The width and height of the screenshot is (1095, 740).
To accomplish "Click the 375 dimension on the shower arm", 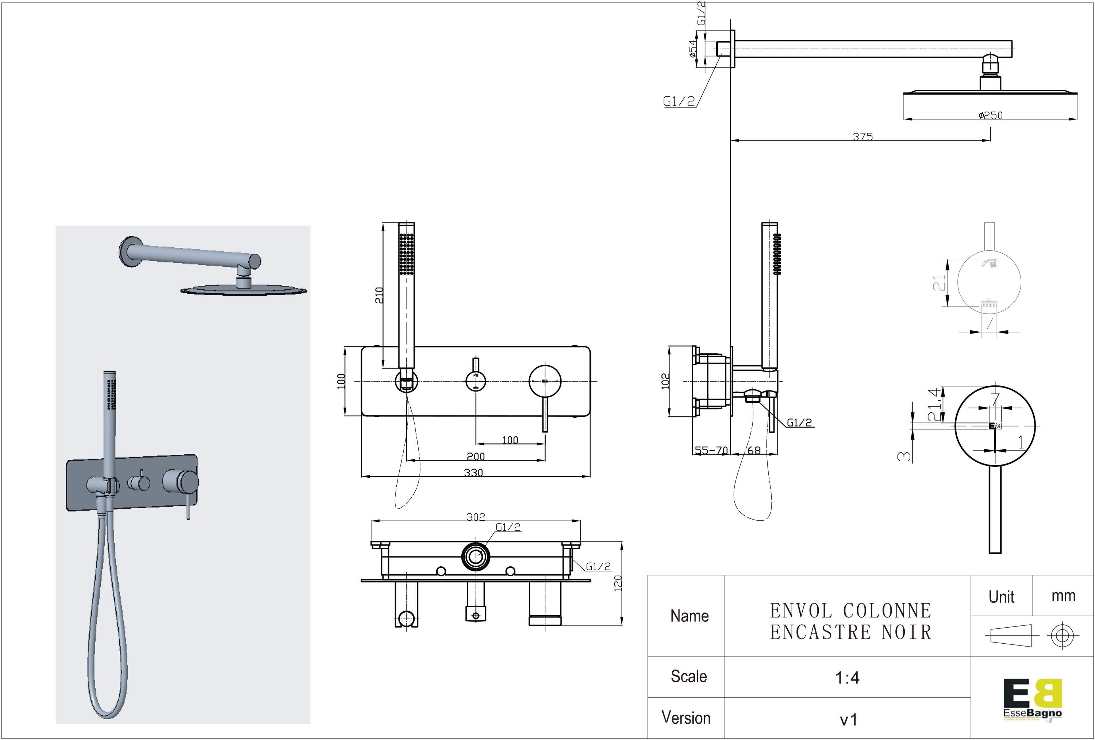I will point(863,136).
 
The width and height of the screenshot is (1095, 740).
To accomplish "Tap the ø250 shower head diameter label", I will point(990,115).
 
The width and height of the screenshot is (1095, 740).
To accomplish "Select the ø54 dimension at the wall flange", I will point(692,48).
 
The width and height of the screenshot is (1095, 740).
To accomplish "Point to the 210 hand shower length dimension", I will point(379,295).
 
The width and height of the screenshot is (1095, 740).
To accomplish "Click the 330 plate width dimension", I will point(473,473).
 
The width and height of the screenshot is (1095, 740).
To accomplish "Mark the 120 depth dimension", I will point(618,583).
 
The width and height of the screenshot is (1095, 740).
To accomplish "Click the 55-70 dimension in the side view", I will point(711,450).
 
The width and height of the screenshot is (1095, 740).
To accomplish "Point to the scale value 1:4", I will point(847,677).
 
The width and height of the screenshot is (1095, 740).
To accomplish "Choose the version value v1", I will point(849,719).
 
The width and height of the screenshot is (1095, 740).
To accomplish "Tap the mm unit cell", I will point(1063,596).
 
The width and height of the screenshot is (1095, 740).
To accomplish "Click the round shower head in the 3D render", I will point(243,289).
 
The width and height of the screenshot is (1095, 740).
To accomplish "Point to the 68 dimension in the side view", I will point(754,450).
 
